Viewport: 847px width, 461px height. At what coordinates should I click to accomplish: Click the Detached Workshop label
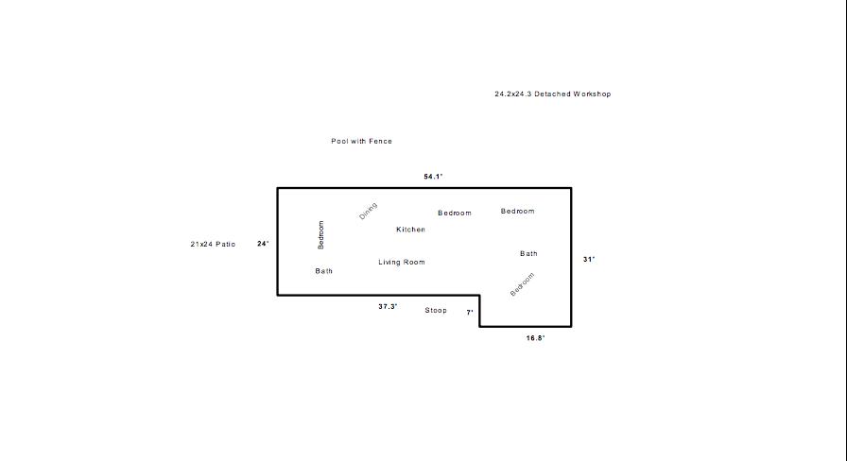coord(553,94)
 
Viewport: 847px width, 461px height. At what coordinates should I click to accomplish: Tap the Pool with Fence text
coord(361,141)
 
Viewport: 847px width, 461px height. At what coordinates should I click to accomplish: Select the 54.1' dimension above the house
coord(433,177)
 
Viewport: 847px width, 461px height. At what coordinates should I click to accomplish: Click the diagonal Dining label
coord(368,211)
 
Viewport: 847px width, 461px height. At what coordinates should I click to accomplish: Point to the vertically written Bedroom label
coord(320,235)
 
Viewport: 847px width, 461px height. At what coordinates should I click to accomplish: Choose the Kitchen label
coord(410,230)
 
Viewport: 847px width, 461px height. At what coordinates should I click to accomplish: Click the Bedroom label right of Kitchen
coord(455,213)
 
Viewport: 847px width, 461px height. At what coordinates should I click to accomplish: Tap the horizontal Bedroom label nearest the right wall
coord(517,211)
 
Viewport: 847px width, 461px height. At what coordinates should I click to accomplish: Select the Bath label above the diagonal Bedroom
coord(528,253)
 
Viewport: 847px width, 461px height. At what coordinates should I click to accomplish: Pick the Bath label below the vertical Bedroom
coord(324,271)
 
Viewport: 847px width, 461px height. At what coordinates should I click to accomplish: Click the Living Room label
coord(402,263)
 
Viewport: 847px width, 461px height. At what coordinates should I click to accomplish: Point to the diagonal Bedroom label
coord(523,284)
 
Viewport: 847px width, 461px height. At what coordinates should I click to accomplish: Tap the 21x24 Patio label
coord(213,244)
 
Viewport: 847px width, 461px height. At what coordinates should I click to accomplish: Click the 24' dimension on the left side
coord(263,244)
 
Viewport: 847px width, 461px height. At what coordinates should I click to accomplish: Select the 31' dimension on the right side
coord(589,259)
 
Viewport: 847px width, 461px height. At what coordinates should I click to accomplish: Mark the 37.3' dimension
coord(388,307)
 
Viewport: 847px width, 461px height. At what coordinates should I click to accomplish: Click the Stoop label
coord(436,311)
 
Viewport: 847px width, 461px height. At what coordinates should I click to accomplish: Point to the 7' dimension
coord(470,312)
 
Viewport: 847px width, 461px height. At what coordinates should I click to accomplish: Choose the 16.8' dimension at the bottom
coord(536,338)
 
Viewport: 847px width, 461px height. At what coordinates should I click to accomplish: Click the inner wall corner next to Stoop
coord(479,296)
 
